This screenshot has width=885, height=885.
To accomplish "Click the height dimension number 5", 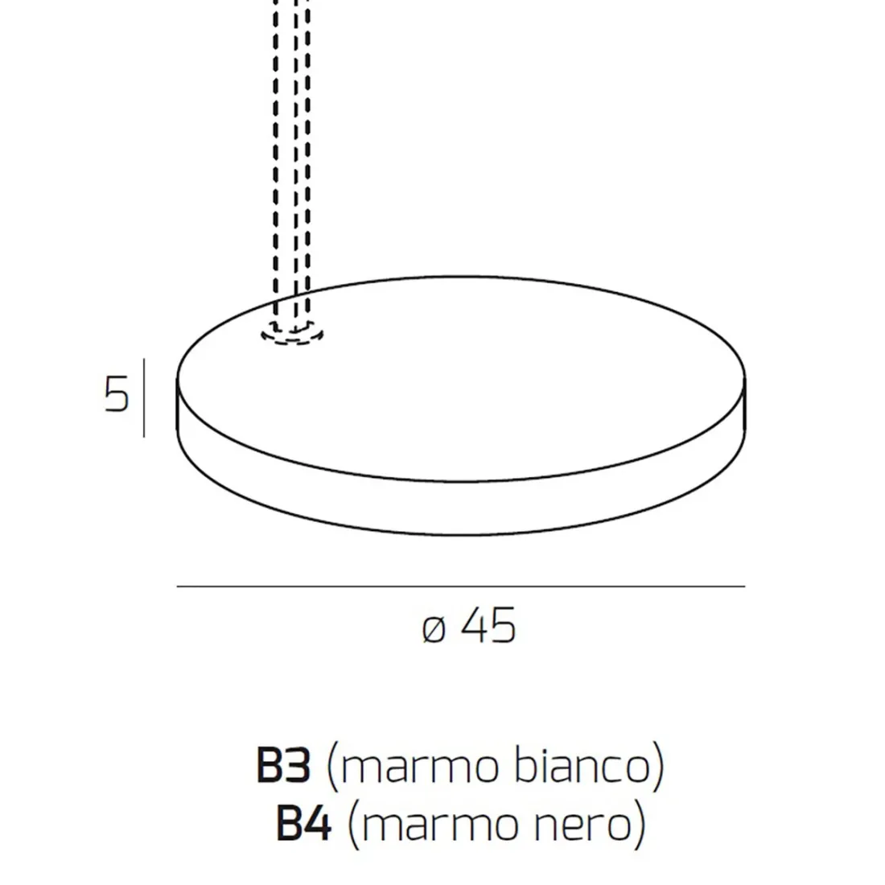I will point(117,394).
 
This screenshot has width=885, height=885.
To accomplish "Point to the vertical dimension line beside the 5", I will point(144,398).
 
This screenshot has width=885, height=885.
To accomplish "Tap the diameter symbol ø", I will point(434,629).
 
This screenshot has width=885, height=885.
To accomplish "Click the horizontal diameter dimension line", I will point(460,587).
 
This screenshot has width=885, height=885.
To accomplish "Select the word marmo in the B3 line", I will point(418,767).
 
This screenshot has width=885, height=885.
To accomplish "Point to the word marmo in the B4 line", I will point(439,824).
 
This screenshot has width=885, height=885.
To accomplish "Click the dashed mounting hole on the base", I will point(292,333).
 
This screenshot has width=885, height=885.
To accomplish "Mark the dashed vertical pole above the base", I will point(291,161).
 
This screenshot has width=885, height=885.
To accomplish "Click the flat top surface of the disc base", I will point(483,378).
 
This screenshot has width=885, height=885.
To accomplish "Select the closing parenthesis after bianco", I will point(658,767).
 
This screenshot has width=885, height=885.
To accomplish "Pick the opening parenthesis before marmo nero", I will point(352,825).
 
